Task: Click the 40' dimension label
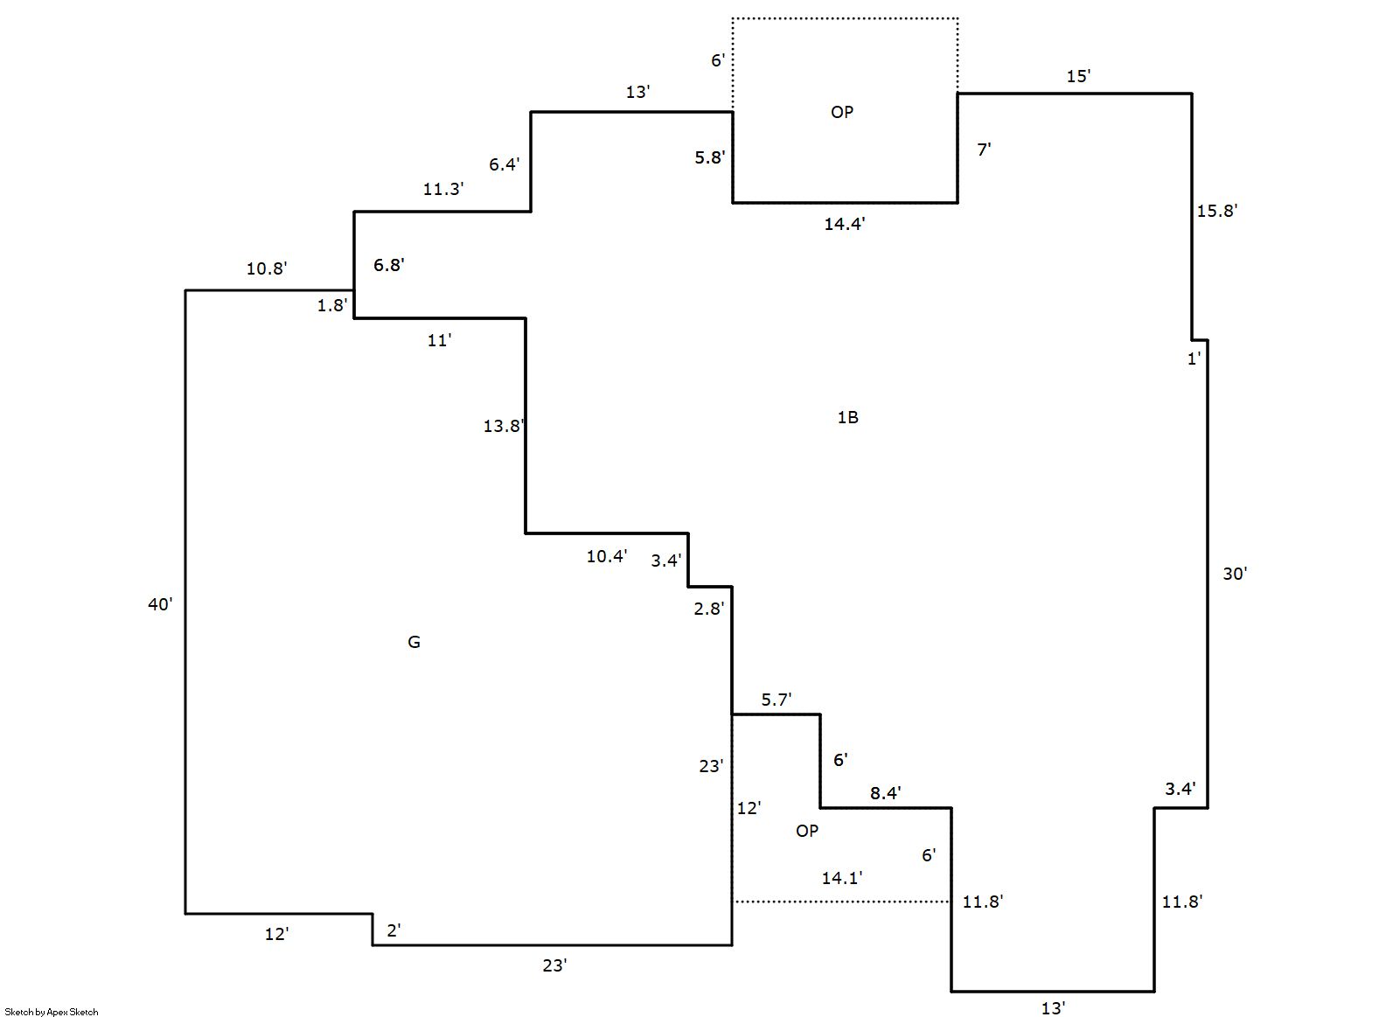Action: tap(160, 604)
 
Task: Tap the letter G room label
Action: tap(414, 642)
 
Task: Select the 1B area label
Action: tap(847, 418)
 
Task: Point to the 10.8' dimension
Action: tap(267, 268)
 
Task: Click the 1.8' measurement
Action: tap(332, 305)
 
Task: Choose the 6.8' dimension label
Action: tap(388, 265)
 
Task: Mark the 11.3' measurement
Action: tap(443, 189)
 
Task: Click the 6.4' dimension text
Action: tap(505, 164)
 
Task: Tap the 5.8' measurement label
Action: tap(710, 157)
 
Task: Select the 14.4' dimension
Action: tap(845, 223)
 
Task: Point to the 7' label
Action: tap(984, 149)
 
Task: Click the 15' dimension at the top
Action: tap(1078, 76)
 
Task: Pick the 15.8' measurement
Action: tap(1216, 211)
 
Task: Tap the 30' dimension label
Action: tap(1235, 574)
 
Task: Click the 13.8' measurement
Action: tap(504, 426)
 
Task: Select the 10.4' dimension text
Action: tap(607, 556)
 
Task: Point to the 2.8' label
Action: tap(708, 609)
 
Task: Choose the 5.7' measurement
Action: tap(777, 700)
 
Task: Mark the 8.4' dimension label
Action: tap(886, 792)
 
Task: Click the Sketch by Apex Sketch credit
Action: tap(52, 1012)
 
